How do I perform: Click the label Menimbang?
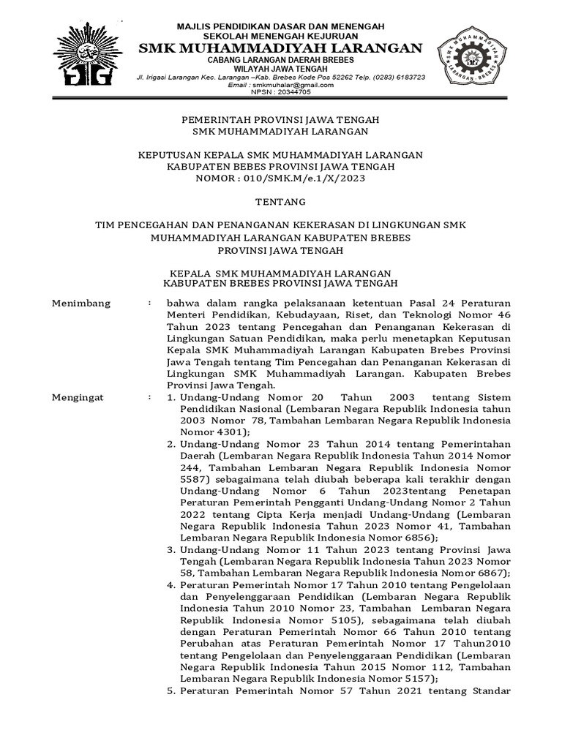[81, 303]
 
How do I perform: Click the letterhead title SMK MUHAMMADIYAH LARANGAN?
[281, 48]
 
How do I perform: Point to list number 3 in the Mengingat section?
[170, 549]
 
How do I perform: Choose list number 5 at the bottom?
[170, 690]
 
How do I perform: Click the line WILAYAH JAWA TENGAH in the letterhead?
[281, 68]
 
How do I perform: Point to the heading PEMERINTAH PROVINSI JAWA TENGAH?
[280, 119]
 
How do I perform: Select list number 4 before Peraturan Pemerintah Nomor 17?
[170, 584]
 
